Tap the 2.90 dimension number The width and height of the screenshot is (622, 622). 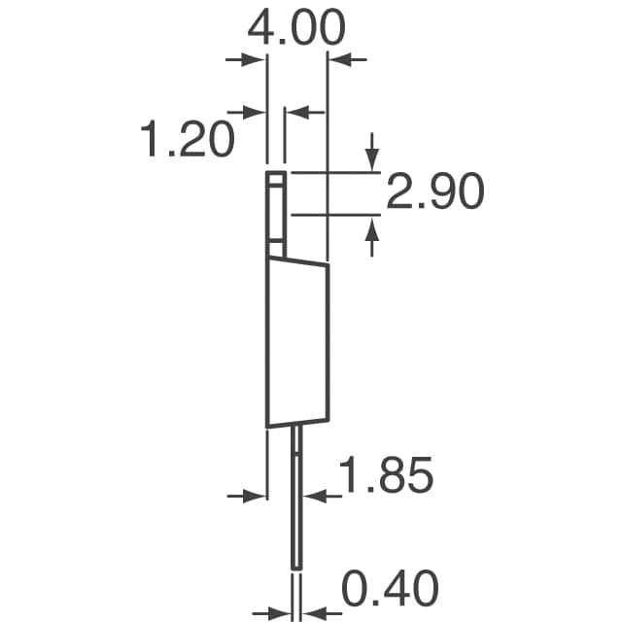coord(434,192)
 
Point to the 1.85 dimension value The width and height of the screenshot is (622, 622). coord(385,477)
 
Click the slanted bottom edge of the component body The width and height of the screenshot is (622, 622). coord(297,423)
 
